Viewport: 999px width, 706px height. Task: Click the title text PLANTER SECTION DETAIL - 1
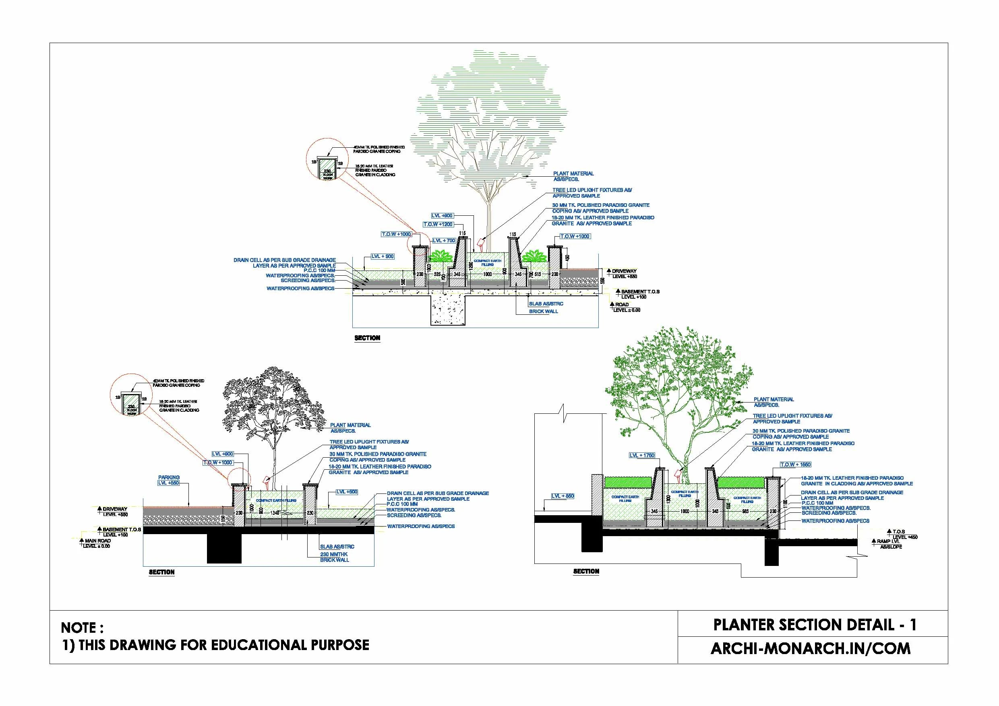[x=815, y=625]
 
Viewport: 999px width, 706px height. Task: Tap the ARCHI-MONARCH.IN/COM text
[x=810, y=648]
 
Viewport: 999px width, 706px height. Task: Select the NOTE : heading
[x=82, y=628]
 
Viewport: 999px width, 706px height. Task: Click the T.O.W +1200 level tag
[x=438, y=225]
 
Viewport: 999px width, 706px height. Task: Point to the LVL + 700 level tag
[x=444, y=241]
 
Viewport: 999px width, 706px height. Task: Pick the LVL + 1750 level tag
[x=642, y=456]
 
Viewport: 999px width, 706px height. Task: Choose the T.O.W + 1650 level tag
[x=795, y=464]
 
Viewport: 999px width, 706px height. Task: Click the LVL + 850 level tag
[x=563, y=496]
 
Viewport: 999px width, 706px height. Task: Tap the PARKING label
[x=169, y=477]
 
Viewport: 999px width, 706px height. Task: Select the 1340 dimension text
[x=275, y=513]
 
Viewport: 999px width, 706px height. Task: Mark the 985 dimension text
[x=745, y=511]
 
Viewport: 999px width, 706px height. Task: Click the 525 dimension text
[x=437, y=275]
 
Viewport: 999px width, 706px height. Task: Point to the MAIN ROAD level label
[x=98, y=541]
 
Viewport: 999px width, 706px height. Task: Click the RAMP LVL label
[x=887, y=541]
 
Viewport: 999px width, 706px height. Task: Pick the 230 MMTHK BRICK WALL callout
[x=334, y=557]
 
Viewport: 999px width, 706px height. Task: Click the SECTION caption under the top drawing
[x=367, y=338]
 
